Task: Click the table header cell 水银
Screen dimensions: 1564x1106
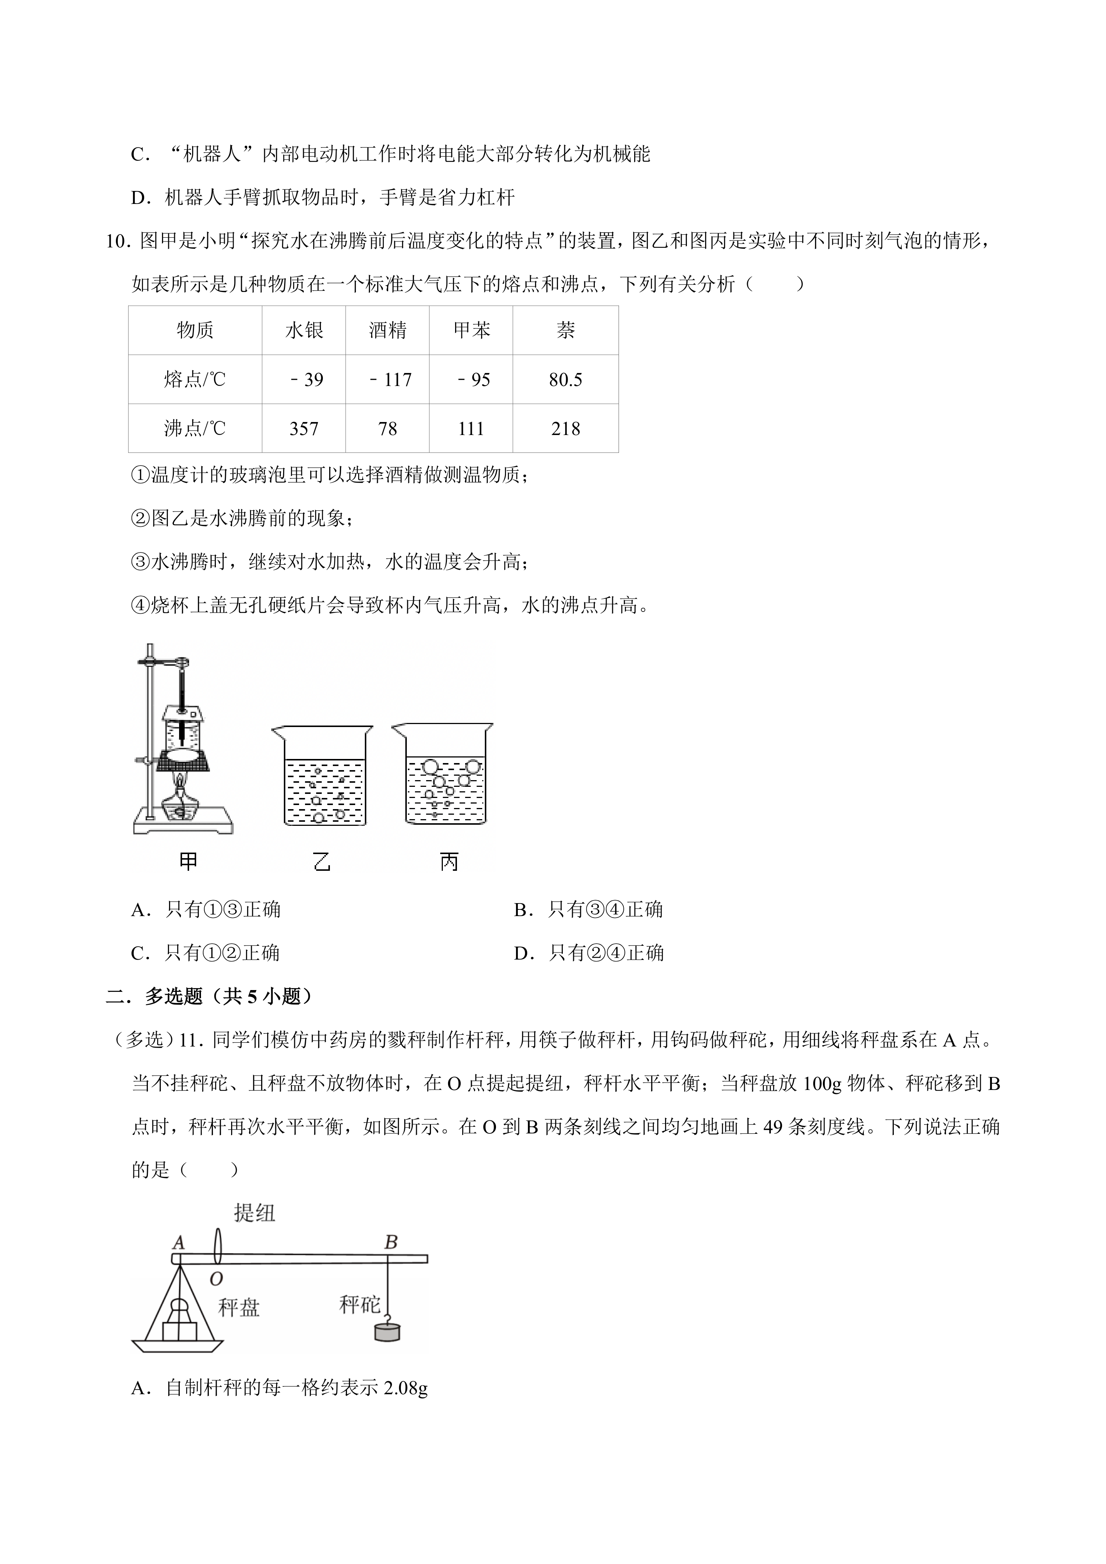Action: [304, 330]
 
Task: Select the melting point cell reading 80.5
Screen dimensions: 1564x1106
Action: [565, 379]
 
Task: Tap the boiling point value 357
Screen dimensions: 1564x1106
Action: [304, 428]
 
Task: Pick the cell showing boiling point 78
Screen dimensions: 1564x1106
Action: [387, 428]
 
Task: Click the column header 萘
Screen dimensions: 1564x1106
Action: [565, 330]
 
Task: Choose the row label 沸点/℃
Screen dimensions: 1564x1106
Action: [195, 428]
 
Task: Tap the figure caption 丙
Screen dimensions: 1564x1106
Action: [449, 862]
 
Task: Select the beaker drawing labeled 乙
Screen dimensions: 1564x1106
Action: [323, 776]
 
